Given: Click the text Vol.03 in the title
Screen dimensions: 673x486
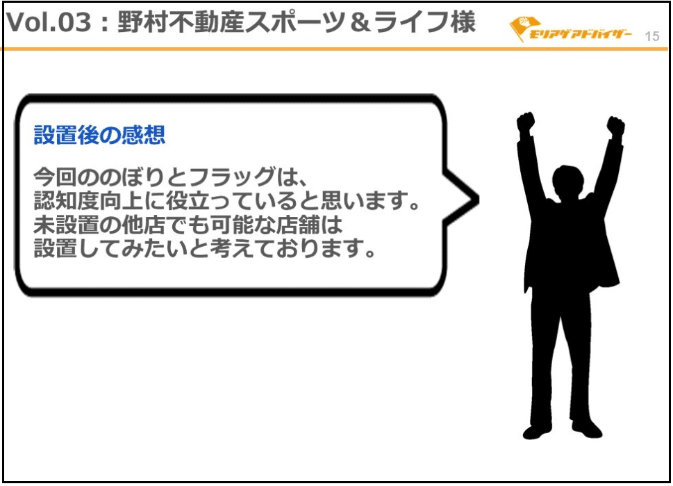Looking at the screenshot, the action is [49, 22].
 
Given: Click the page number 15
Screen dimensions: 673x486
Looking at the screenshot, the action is [651, 37].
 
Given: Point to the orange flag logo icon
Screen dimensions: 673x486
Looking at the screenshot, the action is [521, 29].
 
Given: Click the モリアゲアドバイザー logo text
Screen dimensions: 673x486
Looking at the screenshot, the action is [581, 34].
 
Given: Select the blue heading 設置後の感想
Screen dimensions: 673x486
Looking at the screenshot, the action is [99, 135].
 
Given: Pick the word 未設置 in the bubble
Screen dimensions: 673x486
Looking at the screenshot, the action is [67, 225].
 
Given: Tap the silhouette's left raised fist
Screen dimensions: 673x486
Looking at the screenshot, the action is [525, 122].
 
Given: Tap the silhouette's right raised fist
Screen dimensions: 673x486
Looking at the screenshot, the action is [615, 125].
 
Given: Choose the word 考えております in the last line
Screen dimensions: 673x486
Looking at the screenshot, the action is [287, 249].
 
